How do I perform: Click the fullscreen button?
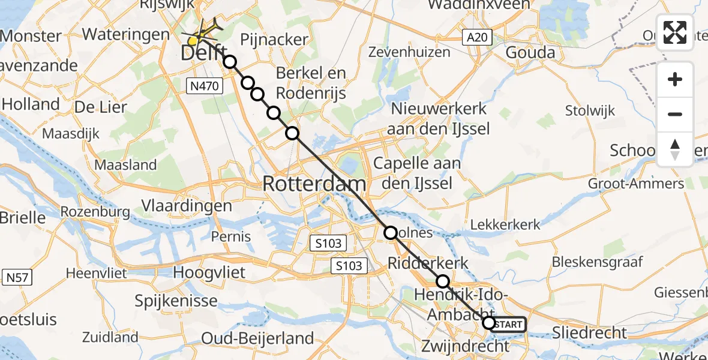[x=675, y=32]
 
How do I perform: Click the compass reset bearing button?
[x=675, y=149]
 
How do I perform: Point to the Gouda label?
[x=530, y=53]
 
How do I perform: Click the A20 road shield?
[x=478, y=38]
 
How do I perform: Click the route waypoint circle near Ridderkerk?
[x=442, y=281]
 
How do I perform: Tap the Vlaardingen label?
[x=187, y=206]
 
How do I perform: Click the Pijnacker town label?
[x=274, y=41]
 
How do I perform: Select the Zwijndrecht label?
[x=465, y=346]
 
